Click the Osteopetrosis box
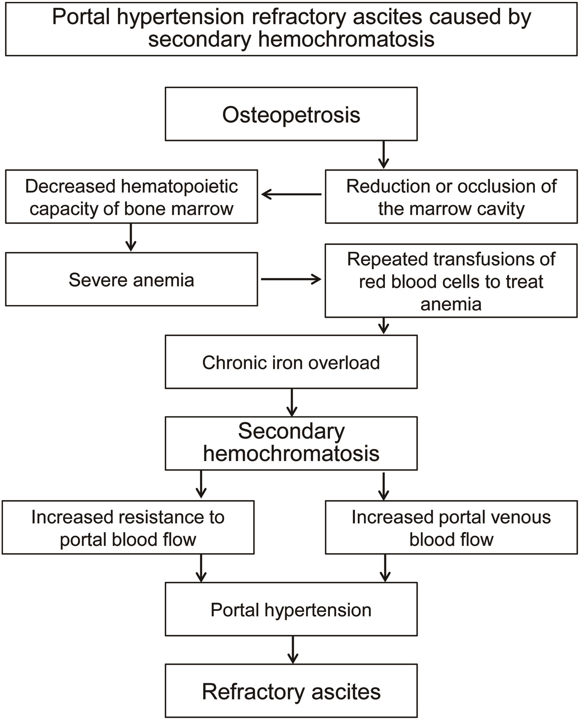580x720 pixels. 291,114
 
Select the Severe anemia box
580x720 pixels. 131,279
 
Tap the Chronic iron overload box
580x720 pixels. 291,362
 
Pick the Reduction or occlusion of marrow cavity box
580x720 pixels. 451,197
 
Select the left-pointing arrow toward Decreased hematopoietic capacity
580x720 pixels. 291,194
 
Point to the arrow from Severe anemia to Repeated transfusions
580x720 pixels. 291,279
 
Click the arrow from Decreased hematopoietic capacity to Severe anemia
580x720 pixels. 131,237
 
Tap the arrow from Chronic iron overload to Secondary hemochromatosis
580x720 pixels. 292,403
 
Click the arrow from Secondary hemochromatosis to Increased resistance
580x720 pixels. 201,484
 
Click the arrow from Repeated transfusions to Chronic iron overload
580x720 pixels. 384,326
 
